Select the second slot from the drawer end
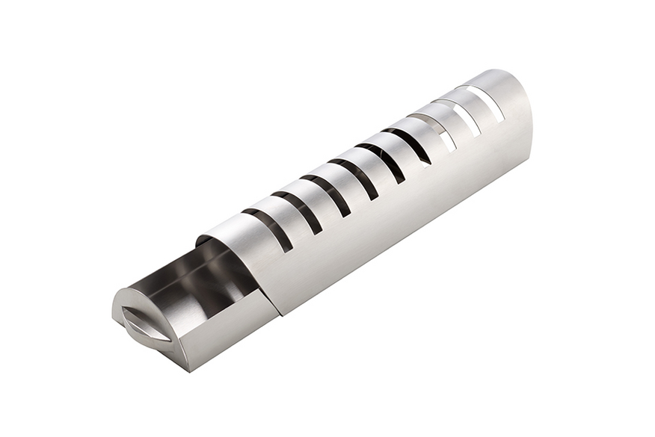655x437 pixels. point(298,212)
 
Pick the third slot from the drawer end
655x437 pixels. point(326,196)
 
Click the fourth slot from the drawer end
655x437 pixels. point(354,179)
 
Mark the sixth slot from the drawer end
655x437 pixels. point(408,146)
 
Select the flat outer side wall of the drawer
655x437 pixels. point(224,329)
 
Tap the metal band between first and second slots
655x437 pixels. point(284,217)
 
